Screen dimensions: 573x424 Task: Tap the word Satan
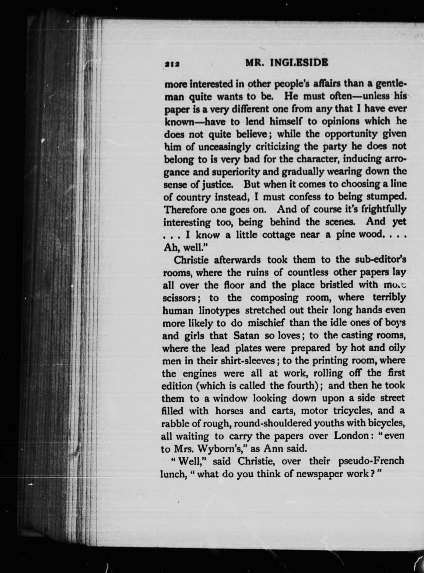[246, 335]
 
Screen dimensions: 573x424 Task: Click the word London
[352, 436]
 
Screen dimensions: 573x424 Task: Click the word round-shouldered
[261, 423]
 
